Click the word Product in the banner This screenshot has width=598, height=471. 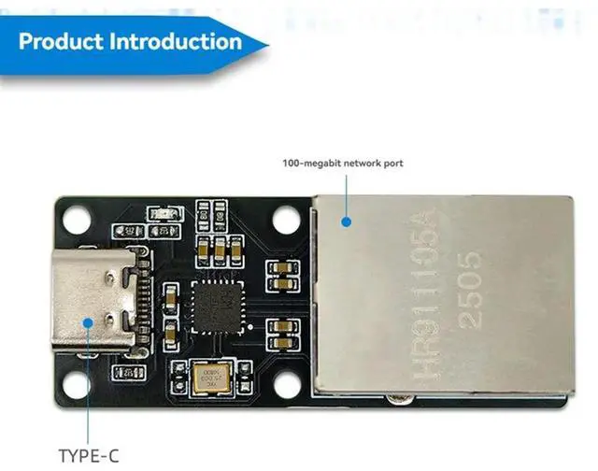pos(61,41)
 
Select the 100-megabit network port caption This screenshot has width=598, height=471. pos(343,164)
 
